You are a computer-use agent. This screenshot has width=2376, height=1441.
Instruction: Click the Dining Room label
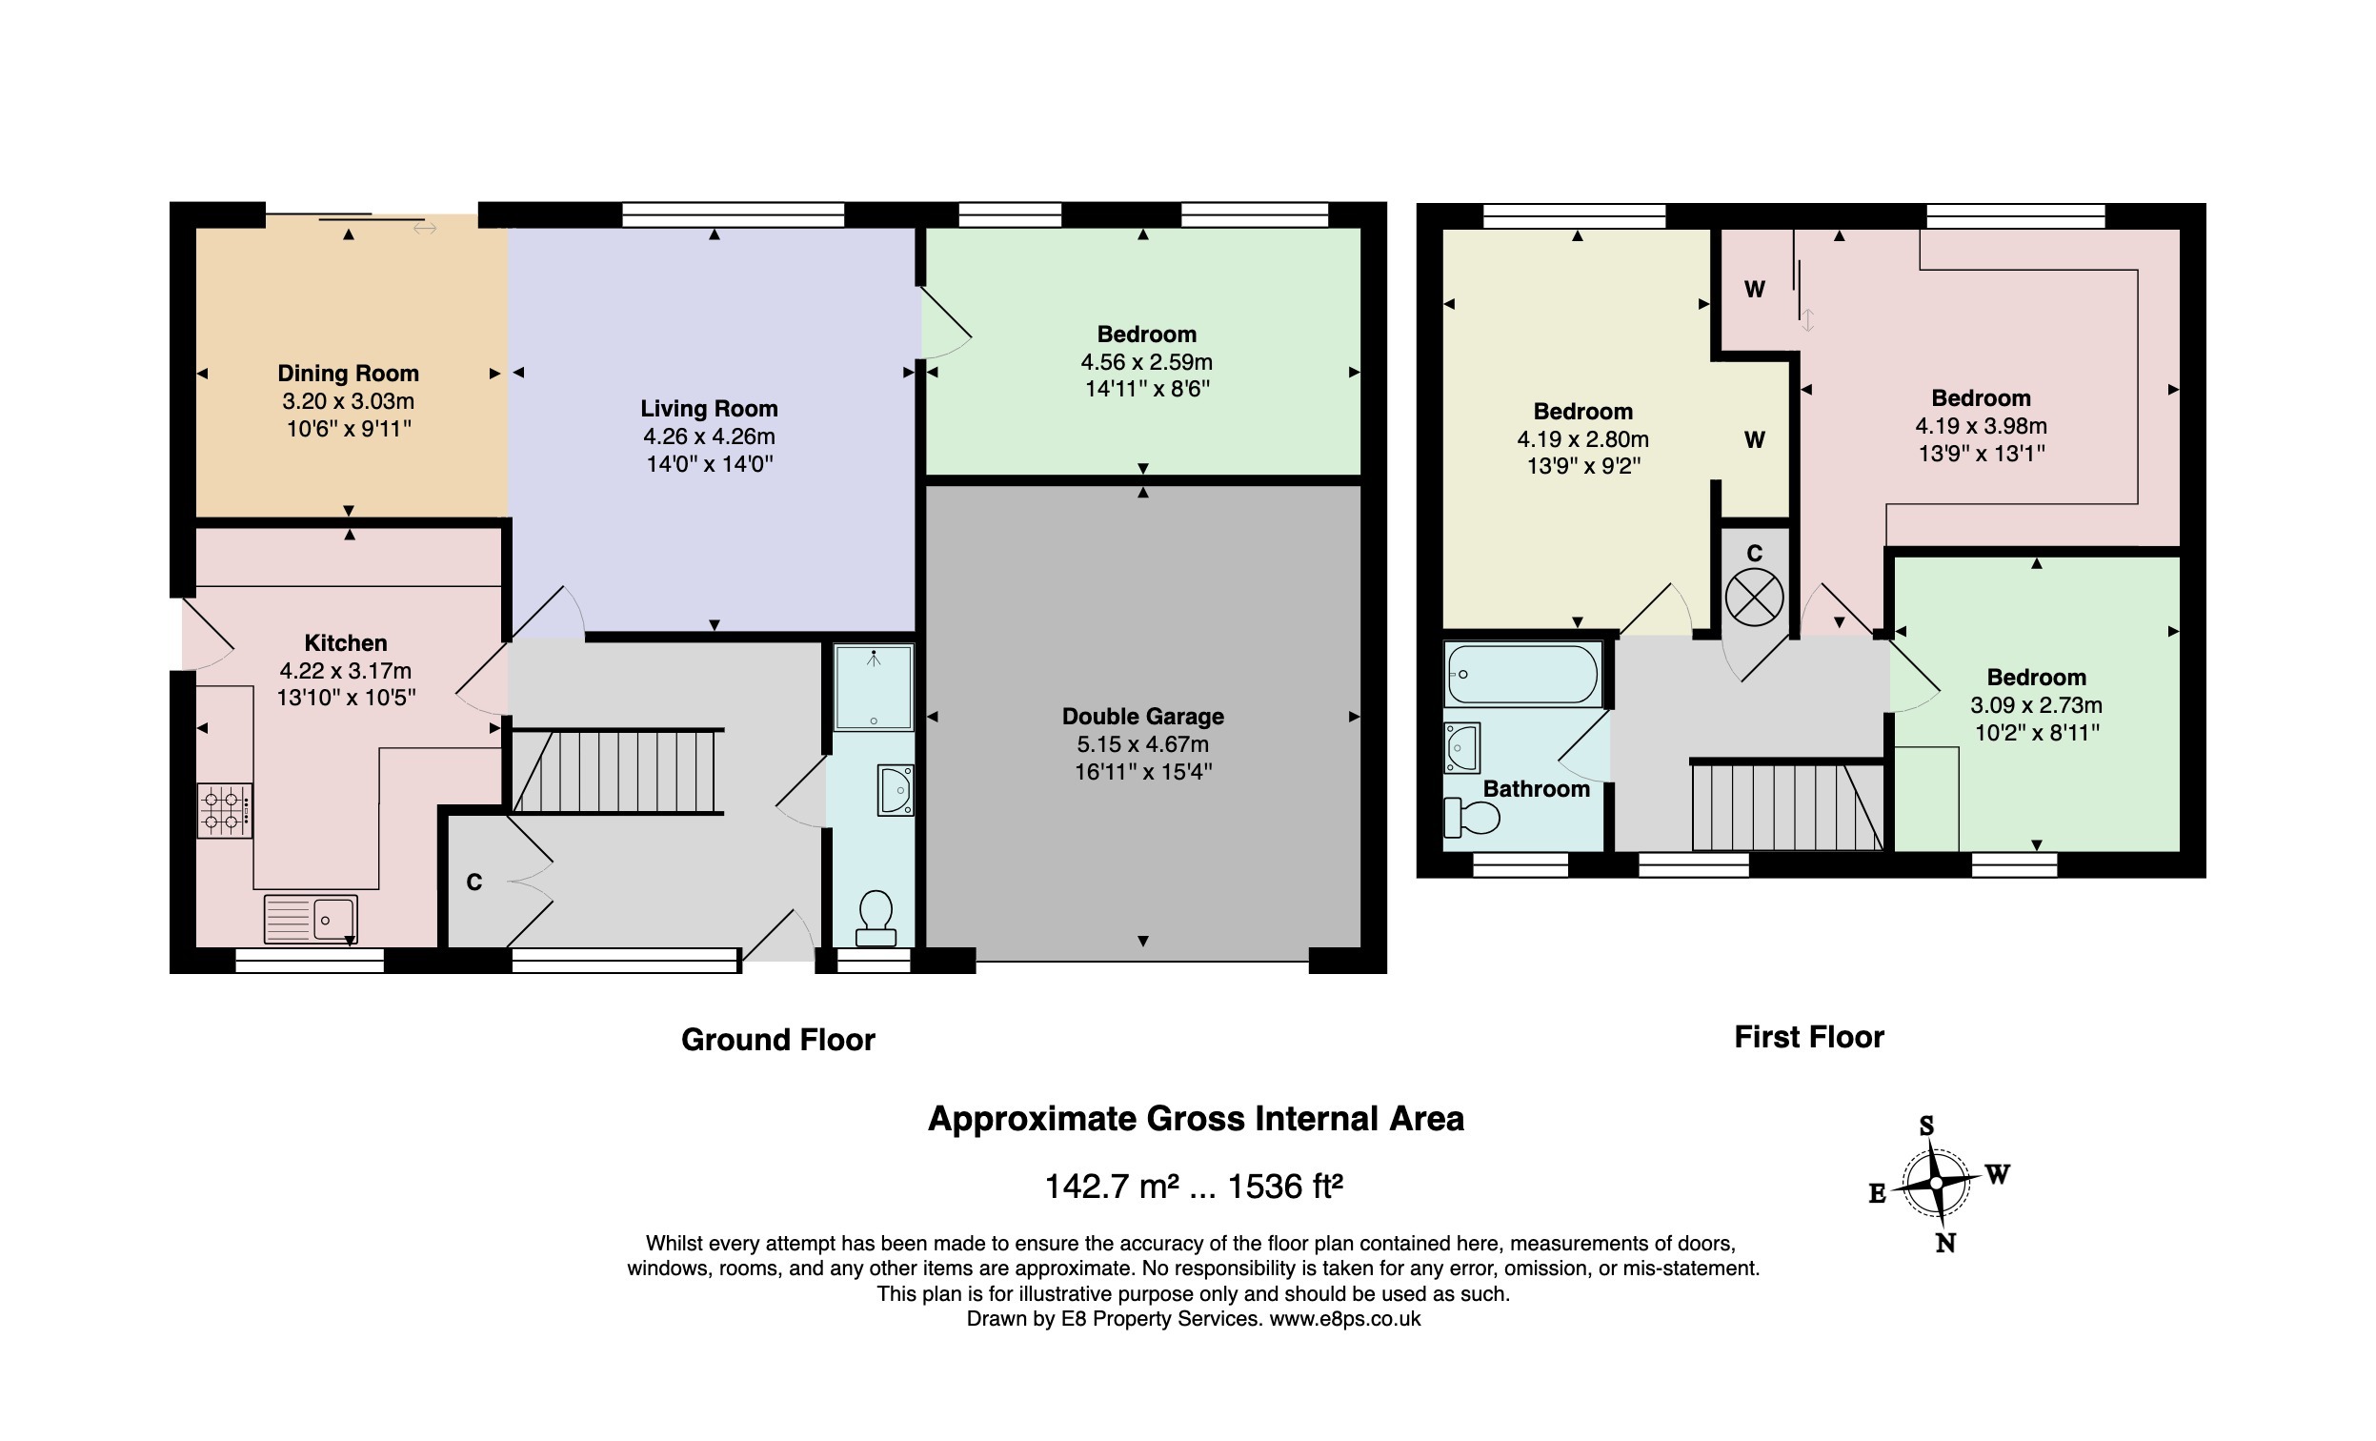click(x=348, y=374)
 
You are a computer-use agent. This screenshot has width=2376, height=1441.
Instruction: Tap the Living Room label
click(x=709, y=409)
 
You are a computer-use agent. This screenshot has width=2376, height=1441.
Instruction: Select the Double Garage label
click(x=1142, y=717)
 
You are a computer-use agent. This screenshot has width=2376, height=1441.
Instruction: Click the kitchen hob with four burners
click(x=225, y=810)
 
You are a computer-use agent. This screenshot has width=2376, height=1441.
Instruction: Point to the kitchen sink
click(x=311, y=918)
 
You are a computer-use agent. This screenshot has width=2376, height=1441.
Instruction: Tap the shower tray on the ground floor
click(x=874, y=688)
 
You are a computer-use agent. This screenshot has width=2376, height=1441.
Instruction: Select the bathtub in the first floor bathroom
click(x=1521, y=674)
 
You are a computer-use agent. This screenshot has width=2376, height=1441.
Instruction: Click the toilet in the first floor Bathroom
click(x=1472, y=818)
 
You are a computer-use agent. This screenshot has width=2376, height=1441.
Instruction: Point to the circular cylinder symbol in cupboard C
click(x=1754, y=597)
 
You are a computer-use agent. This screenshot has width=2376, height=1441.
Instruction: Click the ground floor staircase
click(x=617, y=772)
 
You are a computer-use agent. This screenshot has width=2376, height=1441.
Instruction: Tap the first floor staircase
click(x=1787, y=806)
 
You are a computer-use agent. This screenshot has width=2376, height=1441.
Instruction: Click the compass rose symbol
click(x=1936, y=1183)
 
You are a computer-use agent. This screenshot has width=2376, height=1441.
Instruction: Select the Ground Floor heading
click(x=778, y=1040)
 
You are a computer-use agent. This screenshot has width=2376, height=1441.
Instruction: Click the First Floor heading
click(x=1809, y=1037)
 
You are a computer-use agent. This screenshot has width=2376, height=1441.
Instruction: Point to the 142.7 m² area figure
click(x=1112, y=1186)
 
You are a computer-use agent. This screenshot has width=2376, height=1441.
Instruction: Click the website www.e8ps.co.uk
click(x=1344, y=1318)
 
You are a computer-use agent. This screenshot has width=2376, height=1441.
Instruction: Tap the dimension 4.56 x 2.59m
click(x=1146, y=362)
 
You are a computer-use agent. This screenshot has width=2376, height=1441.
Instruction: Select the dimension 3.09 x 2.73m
click(x=2037, y=705)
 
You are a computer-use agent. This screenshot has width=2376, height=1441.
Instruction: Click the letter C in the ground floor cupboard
click(x=474, y=883)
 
